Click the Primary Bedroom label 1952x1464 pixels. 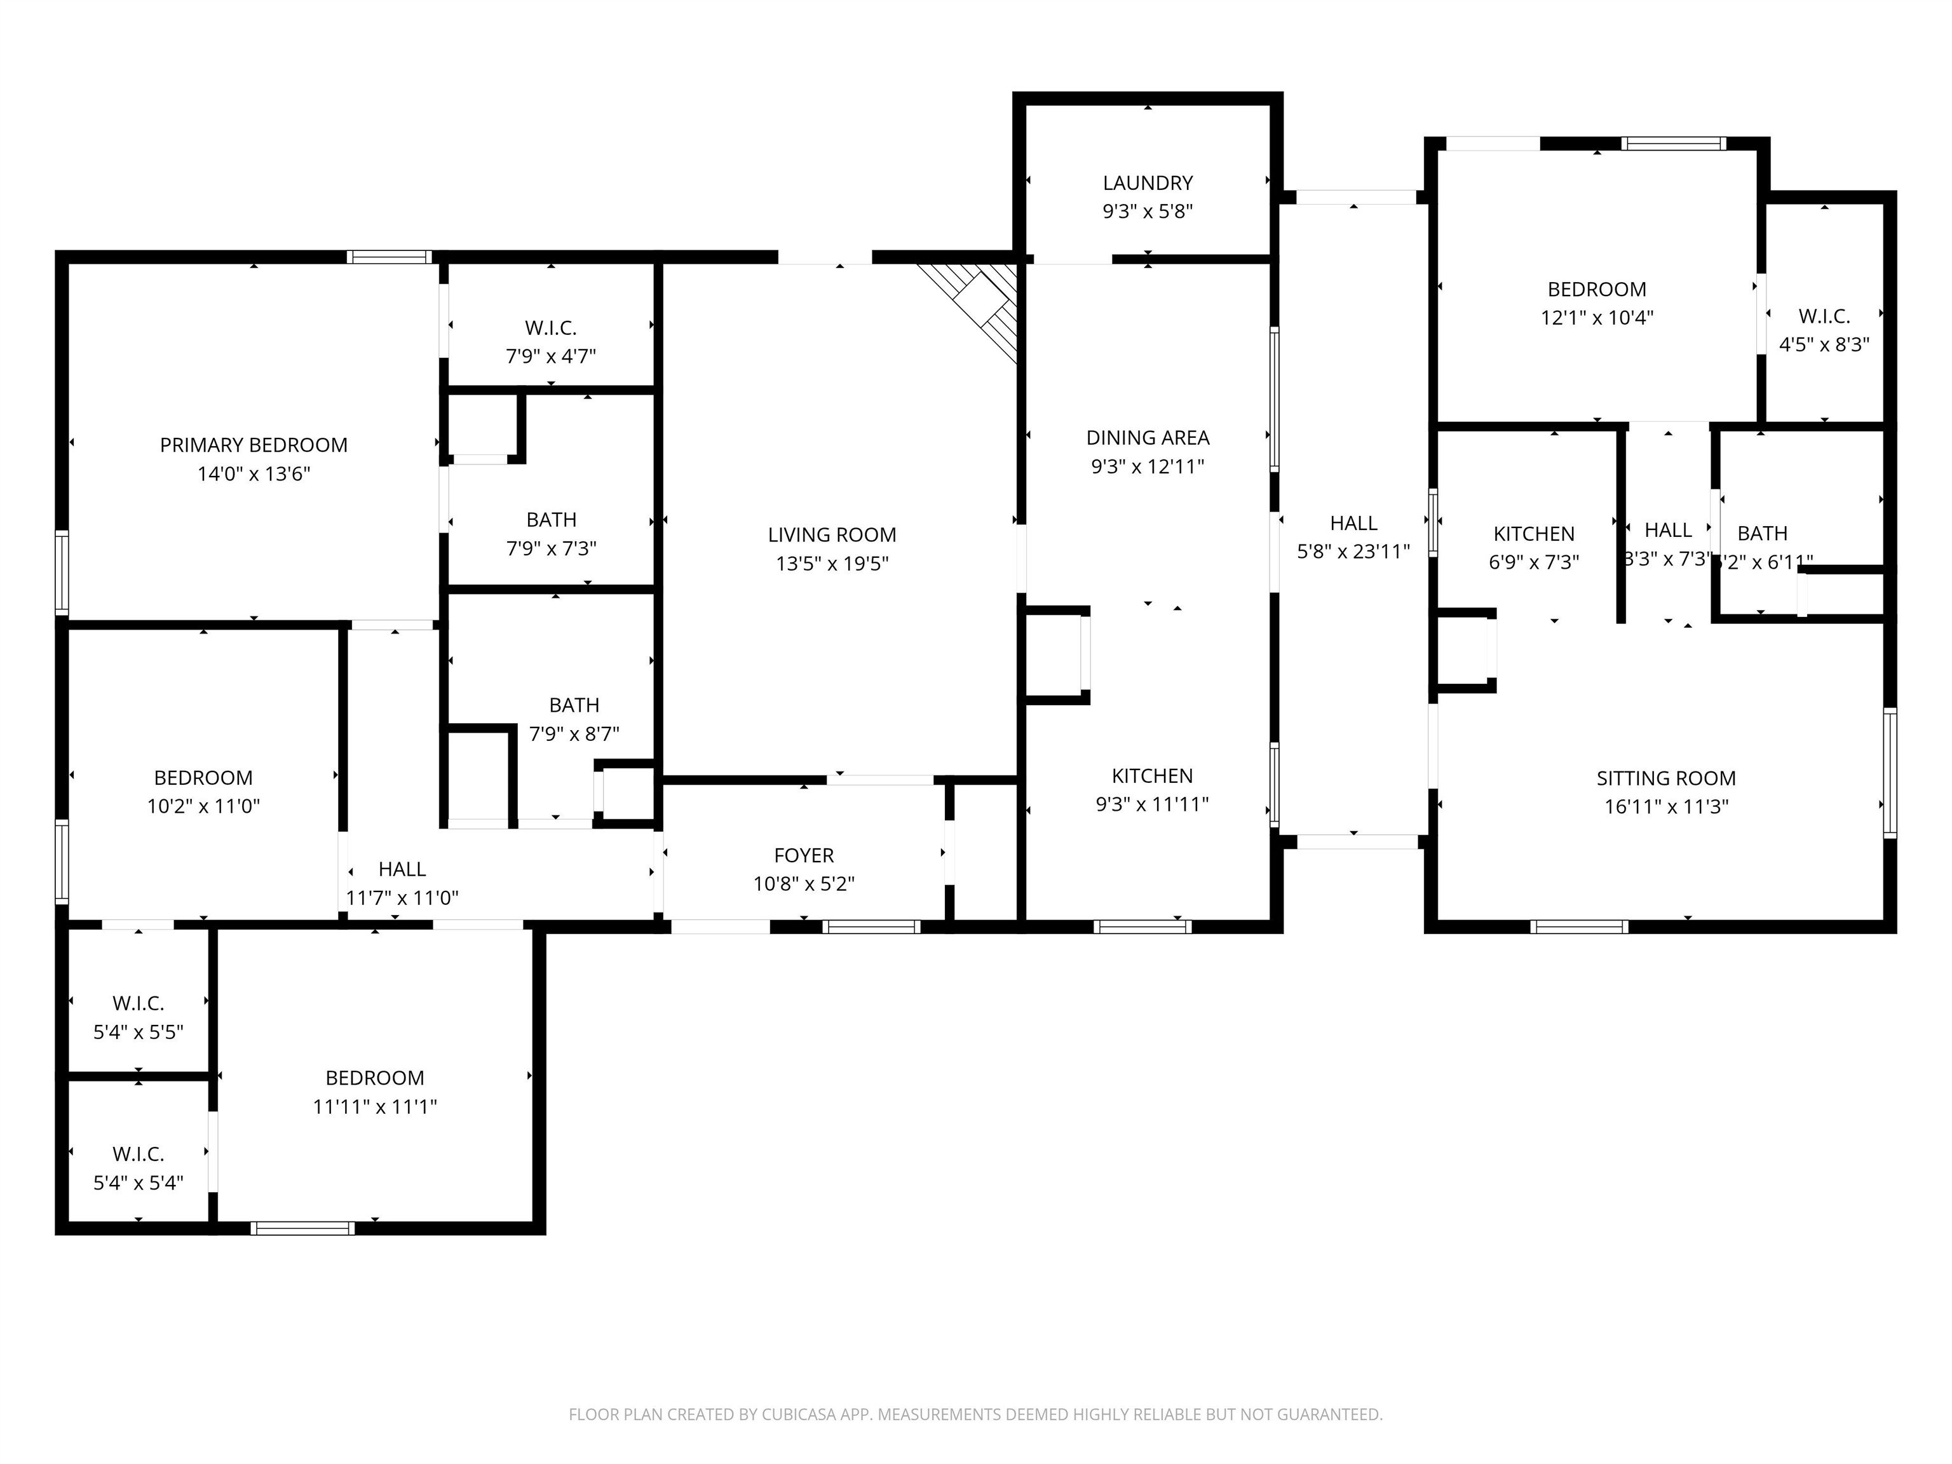[x=254, y=445]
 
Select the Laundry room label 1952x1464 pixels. [x=1147, y=182]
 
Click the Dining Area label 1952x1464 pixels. [x=1147, y=438]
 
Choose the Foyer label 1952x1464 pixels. [x=803, y=855]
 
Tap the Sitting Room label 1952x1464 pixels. [x=1665, y=778]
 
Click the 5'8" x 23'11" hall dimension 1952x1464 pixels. [x=1353, y=552]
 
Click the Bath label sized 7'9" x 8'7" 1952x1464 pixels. [x=574, y=705]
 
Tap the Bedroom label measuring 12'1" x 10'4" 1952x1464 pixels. [x=1596, y=290]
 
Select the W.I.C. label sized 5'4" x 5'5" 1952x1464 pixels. [x=138, y=1003]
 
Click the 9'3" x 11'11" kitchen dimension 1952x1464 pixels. [x=1151, y=804]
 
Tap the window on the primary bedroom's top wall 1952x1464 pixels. [x=389, y=257]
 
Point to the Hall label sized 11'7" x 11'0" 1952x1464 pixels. [x=402, y=869]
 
